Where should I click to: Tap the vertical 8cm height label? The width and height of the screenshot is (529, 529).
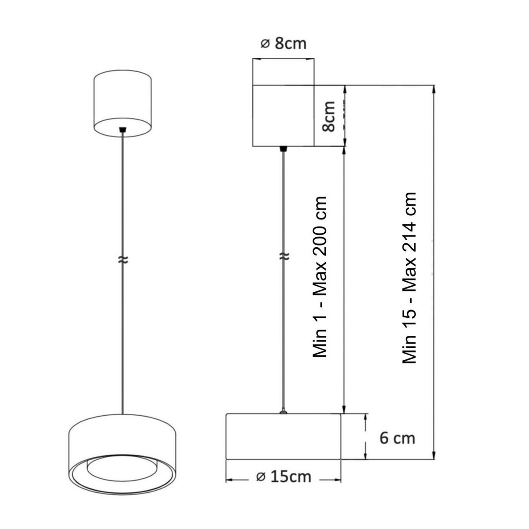pyautogui.click(x=328, y=116)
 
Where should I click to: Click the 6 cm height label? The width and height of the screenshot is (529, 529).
pyautogui.click(x=397, y=438)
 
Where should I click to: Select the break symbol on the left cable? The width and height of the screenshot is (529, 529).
pyautogui.click(x=123, y=260)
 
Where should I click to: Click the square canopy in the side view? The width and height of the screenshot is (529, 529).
pyautogui.click(x=283, y=115)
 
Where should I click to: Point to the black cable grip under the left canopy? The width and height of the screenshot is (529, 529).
pyautogui.click(x=123, y=130)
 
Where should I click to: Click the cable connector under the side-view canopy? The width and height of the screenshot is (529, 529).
pyautogui.click(x=283, y=149)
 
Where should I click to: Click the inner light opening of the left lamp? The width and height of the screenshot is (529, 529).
pyautogui.click(x=123, y=467)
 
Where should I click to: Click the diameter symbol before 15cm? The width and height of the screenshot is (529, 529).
pyautogui.click(x=260, y=477)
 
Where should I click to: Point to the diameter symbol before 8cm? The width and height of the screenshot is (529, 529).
pyautogui.click(x=264, y=44)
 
